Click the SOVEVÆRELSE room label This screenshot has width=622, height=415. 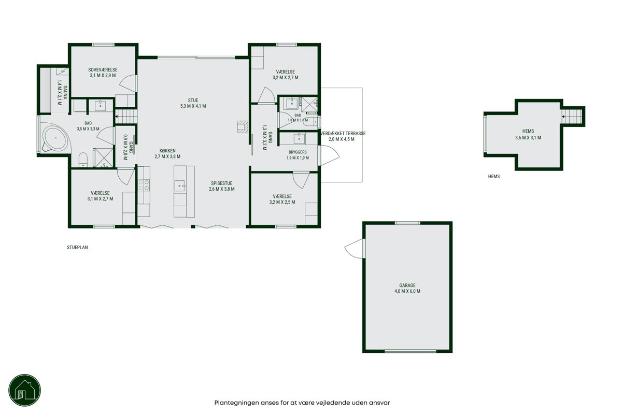(103, 70)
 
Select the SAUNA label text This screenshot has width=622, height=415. (65, 93)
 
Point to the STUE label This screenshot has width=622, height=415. (193, 101)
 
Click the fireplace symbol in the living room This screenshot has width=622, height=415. (243, 127)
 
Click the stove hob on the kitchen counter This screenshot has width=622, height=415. (144, 185)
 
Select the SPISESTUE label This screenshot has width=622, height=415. (222, 183)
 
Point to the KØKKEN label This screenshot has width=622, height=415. (167, 151)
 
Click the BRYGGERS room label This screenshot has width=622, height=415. (298, 152)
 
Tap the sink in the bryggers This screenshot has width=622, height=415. (299, 138)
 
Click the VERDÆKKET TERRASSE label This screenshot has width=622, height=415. (343, 134)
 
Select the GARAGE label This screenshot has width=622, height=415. (407, 285)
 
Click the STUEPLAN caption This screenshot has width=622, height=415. (77, 247)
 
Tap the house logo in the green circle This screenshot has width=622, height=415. (25, 390)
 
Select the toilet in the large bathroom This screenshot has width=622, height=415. (83, 160)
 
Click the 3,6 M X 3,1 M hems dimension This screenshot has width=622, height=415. (528, 138)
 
